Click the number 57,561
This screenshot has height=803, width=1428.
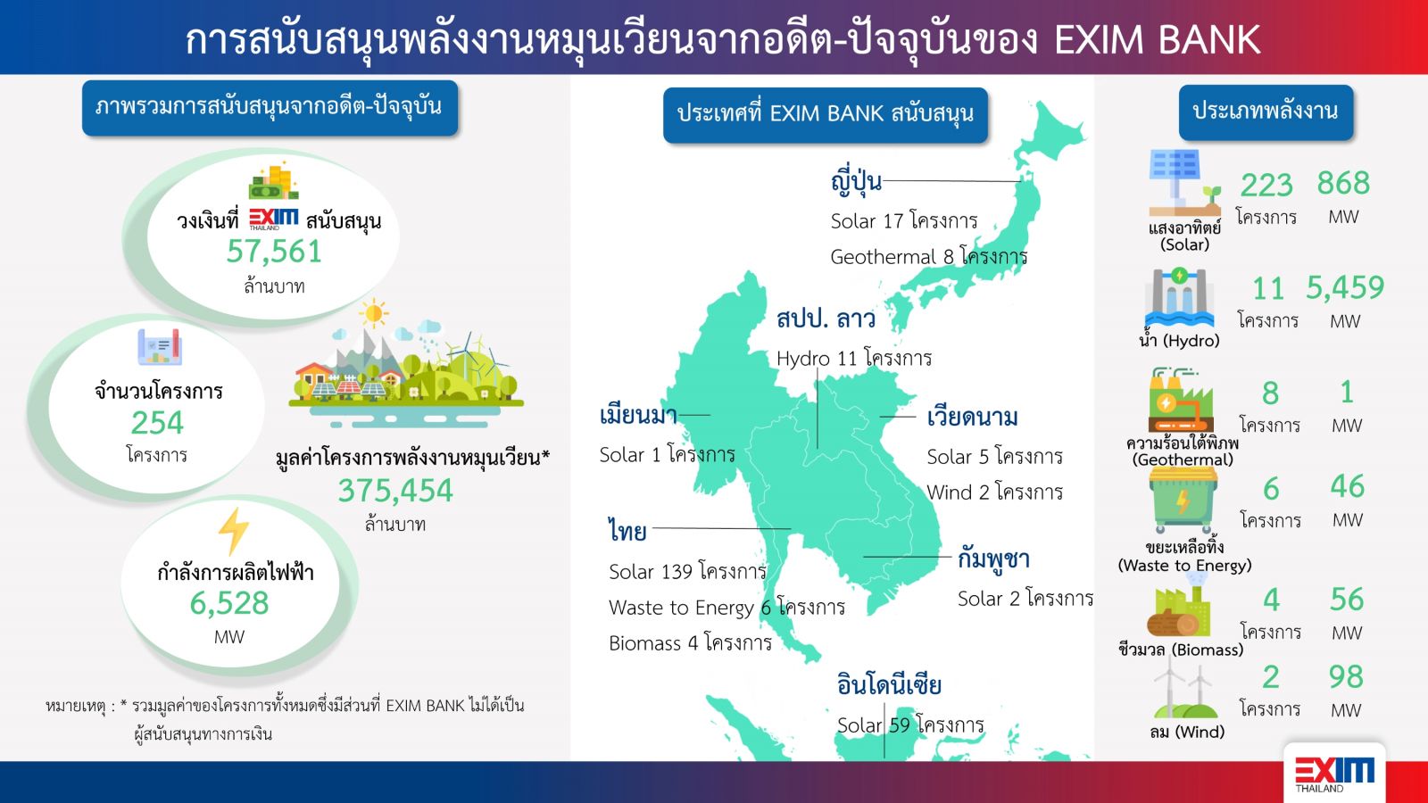tap(274, 251)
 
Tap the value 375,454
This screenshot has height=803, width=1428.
tap(395, 491)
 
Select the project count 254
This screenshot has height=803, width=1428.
tap(157, 423)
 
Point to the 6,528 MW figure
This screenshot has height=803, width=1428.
tap(229, 603)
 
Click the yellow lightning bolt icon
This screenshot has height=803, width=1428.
tap(233, 532)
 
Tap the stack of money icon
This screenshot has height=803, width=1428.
tap(274, 181)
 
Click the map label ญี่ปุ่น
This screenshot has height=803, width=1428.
tap(856, 181)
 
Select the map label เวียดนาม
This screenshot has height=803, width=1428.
tap(972, 418)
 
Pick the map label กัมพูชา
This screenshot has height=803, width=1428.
tap(993, 559)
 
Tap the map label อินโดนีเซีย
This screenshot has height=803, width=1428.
tap(889, 684)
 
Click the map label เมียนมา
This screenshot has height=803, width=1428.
tap(638, 416)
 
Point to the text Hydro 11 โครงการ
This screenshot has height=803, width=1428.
tap(854, 358)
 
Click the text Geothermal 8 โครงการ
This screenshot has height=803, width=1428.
tap(929, 257)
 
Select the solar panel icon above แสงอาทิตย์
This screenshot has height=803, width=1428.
tap(1184, 184)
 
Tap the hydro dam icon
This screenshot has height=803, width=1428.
tap(1179, 298)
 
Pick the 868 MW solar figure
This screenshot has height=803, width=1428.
tap(1343, 184)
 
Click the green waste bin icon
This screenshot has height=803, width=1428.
tap(1183, 501)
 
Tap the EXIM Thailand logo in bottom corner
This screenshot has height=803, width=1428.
tap(1335, 774)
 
